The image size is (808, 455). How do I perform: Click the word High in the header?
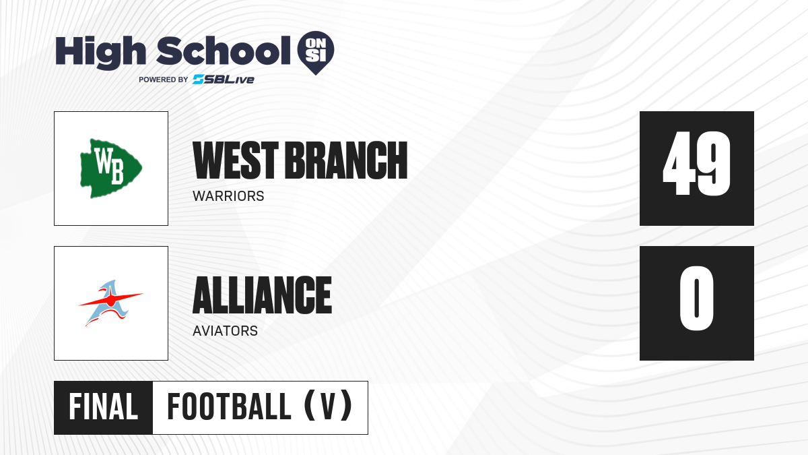[x=100, y=53]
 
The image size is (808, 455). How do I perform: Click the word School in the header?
[x=223, y=51]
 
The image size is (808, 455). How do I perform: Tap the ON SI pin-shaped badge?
[x=316, y=53]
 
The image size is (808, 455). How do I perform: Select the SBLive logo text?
[x=224, y=80]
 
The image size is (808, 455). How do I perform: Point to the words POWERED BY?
[x=164, y=80]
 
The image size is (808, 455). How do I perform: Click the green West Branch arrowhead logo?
[x=110, y=169]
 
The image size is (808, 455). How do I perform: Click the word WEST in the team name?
[x=236, y=160]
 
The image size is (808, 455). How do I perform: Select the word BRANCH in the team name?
[x=346, y=160]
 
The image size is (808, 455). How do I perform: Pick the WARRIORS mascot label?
[x=228, y=196]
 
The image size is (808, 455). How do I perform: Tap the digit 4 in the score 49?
[x=679, y=163]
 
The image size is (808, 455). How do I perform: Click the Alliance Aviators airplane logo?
[x=110, y=303]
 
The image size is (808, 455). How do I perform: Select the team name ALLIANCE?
[x=262, y=295]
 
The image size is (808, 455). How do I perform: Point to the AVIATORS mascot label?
[x=225, y=331]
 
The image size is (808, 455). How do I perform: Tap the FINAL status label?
[x=104, y=407]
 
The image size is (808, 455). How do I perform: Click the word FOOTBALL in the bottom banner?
[x=229, y=407]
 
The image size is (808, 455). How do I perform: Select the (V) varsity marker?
[x=328, y=406]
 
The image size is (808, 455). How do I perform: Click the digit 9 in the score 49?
[x=714, y=163]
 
